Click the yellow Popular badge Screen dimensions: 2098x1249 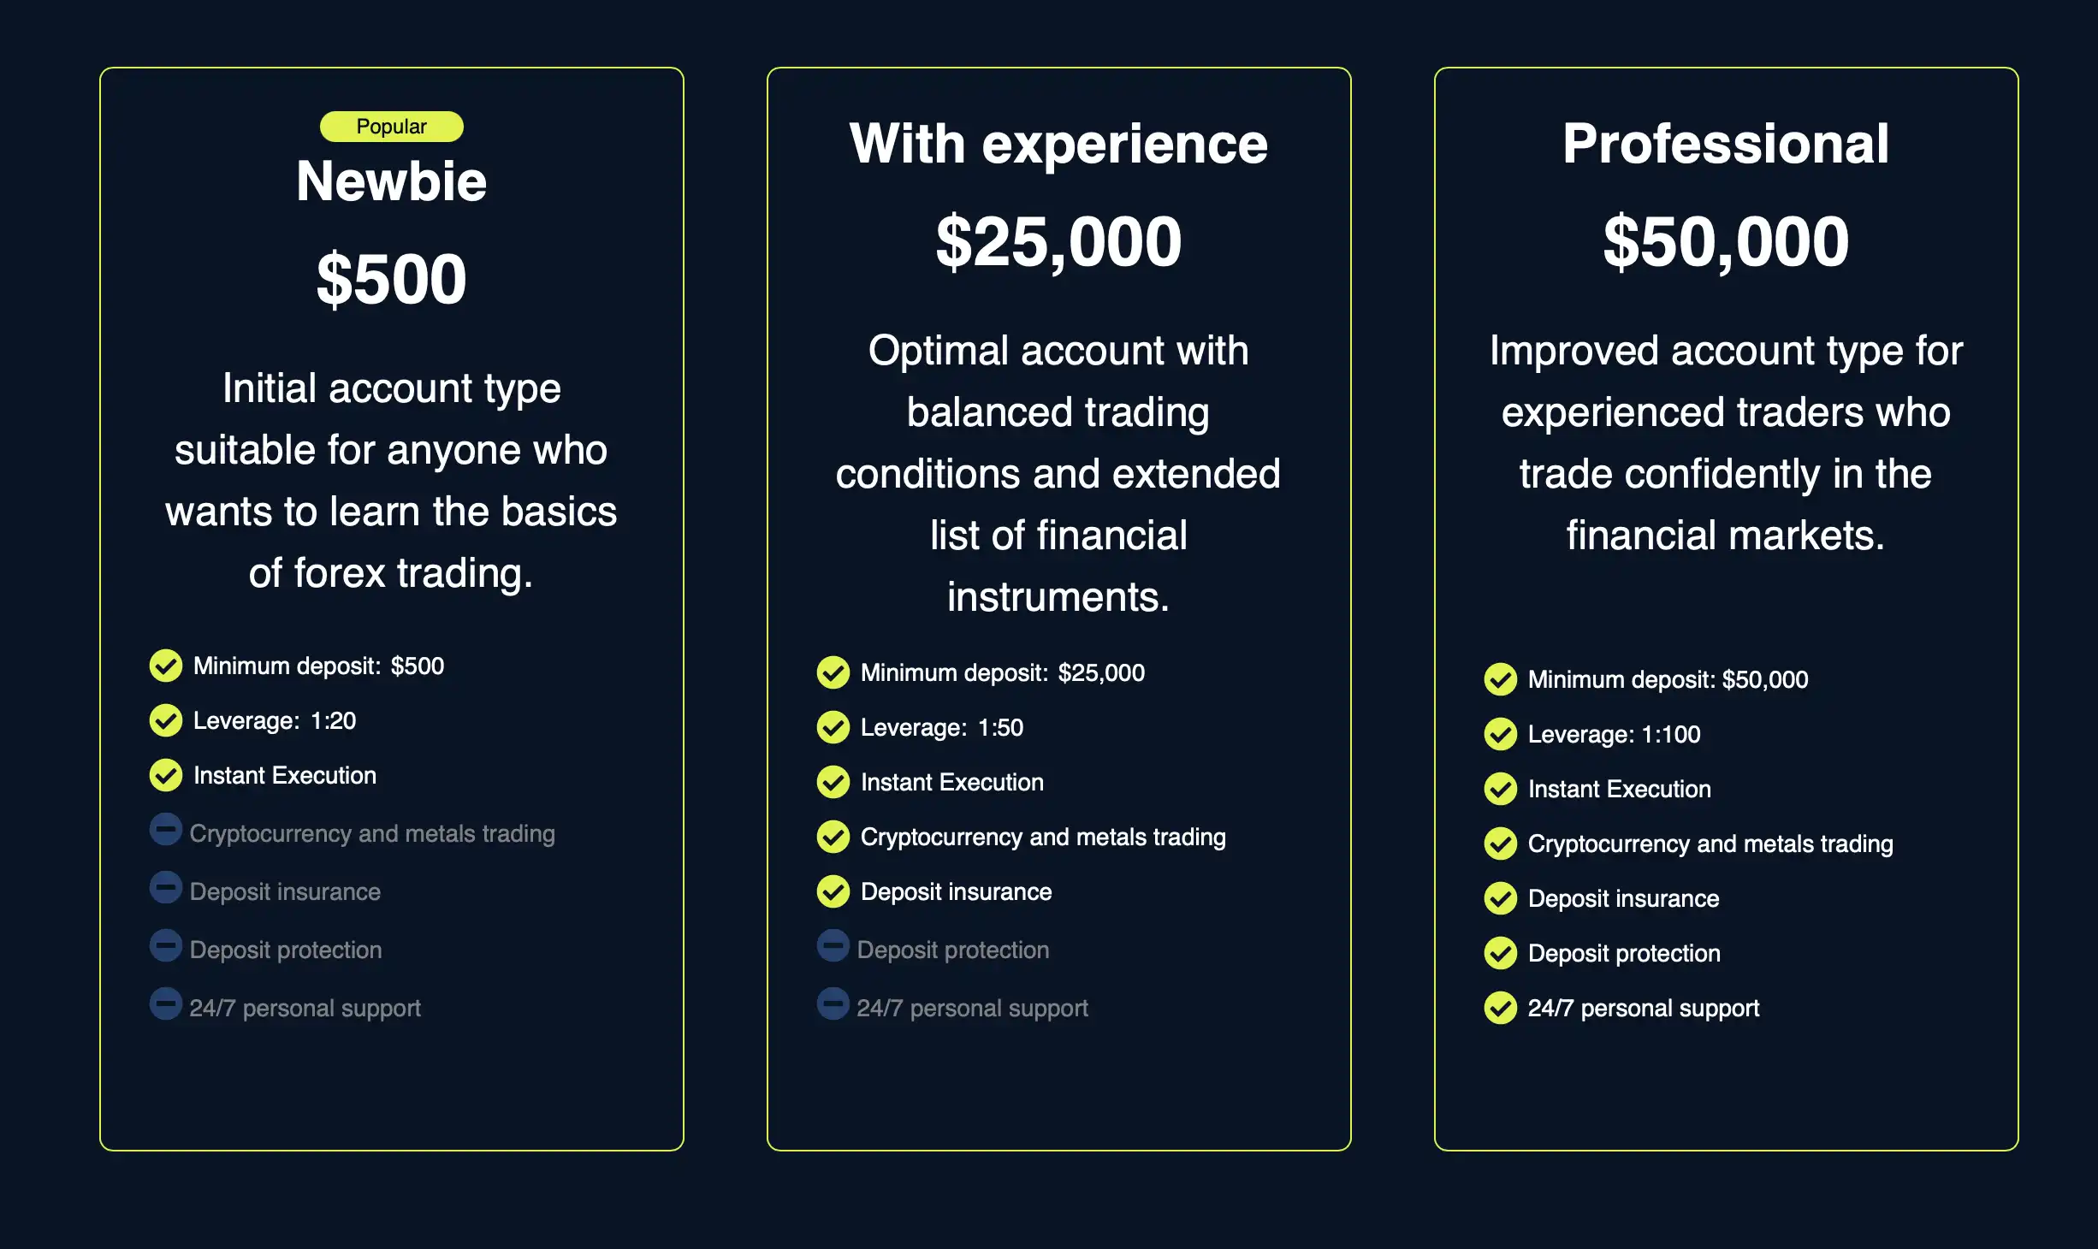tap(392, 127)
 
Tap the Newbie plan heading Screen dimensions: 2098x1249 tap(392, 181)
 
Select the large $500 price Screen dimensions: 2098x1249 tap(392, 280)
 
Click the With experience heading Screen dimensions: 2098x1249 tap(1058, 144)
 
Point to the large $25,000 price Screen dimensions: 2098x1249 tap(1058, 242)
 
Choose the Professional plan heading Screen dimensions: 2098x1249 tap(1726, 144)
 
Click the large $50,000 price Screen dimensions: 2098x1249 tap(1726, 242)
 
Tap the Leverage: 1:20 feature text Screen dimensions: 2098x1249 tap(275, 721)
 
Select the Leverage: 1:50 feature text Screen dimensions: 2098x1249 tap(942, 728)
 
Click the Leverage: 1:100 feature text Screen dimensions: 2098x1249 tap(1615, 735)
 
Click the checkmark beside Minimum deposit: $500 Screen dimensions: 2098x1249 tap(166, 666)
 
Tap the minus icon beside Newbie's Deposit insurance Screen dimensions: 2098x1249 tap(166, 888)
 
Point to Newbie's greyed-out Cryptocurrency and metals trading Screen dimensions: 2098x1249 tap(372, 834)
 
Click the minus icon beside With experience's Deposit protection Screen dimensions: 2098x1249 tap(833, 946)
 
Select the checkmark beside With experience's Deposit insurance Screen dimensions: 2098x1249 tap(833, 891)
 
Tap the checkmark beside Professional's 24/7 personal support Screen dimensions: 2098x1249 tap(1501, 1008)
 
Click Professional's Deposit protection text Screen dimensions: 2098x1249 tap(1624, 954)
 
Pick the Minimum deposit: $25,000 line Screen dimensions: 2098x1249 tap(1003, 673)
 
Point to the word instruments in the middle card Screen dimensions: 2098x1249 tap(1058, 597)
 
